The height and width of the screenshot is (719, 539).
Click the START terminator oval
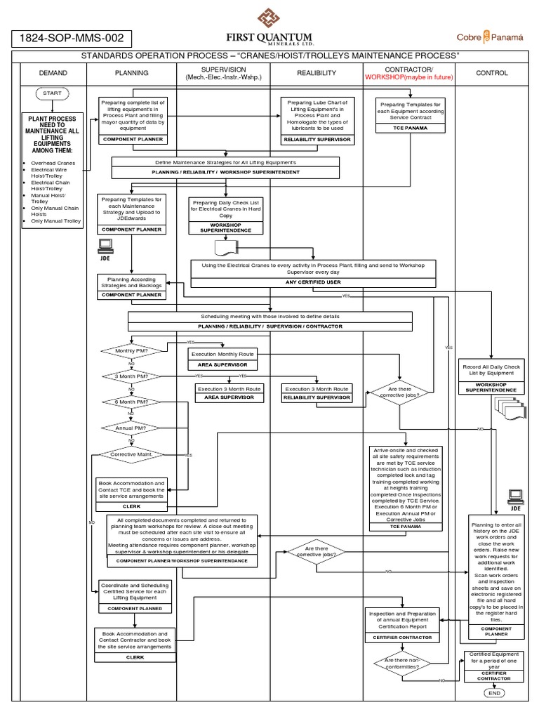pyautogui.click(x=51, y=93)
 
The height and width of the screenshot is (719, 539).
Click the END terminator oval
pyautogui.click(x=494, y=693)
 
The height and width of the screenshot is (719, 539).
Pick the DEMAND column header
pyautogui.click(x=51, y=73)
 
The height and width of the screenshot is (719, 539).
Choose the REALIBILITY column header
pyautogui.click(x=316, y=73)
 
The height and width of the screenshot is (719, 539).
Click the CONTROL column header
pyautogui.click(x=492, y=73)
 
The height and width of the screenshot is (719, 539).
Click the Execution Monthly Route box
pyautogui.click(x=222, y=355)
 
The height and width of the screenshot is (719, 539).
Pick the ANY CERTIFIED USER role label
pyautogui.click(x=312, y=282)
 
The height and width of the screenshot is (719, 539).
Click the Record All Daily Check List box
pyautogui.click(x=491, y=370)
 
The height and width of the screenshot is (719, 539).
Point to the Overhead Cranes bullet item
pyautogui.click(x=55, y=163)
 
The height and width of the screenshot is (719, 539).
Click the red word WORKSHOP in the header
pyautogui.click(x=385, y=77)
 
